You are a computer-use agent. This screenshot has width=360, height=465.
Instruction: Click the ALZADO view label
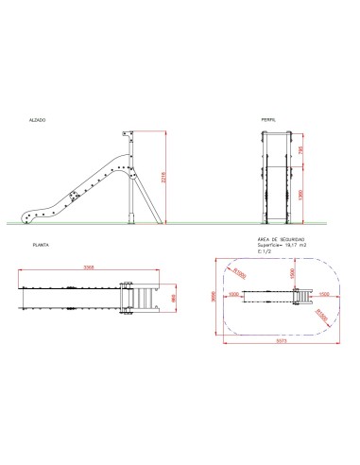(37, 121)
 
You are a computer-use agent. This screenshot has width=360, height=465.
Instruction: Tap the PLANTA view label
(40, 244)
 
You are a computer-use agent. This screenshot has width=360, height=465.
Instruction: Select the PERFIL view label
(269, 121)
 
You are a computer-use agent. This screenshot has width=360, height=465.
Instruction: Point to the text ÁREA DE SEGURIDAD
(281, 240)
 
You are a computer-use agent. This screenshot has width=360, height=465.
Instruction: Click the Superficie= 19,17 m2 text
(282, 246)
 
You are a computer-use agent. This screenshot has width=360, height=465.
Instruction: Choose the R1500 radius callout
(324, 314)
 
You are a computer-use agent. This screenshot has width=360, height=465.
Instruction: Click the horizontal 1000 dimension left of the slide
(233, 294)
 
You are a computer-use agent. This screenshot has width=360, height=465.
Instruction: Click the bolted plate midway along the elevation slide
(74, 197)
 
